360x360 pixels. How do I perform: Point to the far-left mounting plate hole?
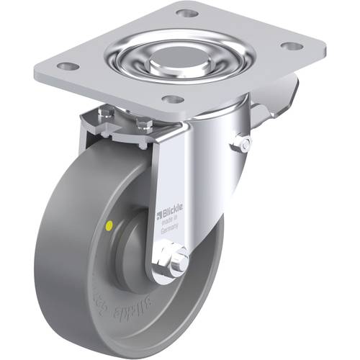[x=68, y=66]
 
